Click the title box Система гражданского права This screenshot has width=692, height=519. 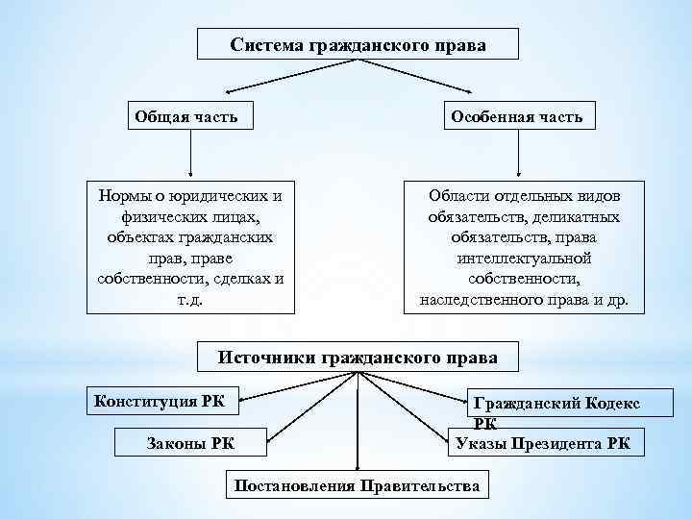[358, 45]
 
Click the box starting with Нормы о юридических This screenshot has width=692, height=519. [190, 247]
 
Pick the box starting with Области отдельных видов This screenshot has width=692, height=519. [524, 247]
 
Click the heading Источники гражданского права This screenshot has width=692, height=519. [358, 357]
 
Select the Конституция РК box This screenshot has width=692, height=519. [163, 400]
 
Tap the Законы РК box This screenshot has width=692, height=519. [190, 442]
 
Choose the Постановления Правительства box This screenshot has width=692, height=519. [358, 485]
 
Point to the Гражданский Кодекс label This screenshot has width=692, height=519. [557, 405]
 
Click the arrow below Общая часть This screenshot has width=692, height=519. [190, 154]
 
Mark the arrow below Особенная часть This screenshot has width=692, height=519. [519, 154]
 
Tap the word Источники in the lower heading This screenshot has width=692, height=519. [268, 357]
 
